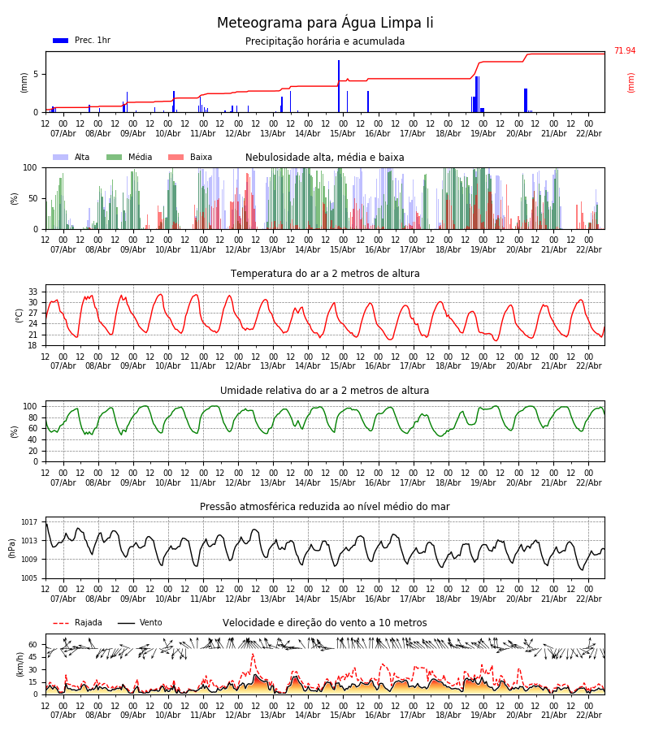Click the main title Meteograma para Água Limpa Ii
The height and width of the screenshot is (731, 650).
coord(325,23)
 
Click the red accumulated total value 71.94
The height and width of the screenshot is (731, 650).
coord(625,51)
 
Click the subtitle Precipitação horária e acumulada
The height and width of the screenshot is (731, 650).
coord(325,41)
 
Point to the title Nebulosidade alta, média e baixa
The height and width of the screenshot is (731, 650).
coord(325,158)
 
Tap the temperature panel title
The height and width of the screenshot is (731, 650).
coord(325,274)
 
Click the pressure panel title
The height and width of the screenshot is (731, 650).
coord(325,507)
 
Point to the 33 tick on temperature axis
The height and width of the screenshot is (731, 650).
coord(33,292)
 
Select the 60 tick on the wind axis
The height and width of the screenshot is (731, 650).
coord(33,645)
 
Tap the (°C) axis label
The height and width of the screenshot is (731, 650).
coord(19,314)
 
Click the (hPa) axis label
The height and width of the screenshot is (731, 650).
coord(13,547)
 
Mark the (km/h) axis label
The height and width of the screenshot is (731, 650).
coord(19,664)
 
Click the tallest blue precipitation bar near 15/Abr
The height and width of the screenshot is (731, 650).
coord(339,85)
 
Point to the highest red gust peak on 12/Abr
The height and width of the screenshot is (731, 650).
coord(253,655)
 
